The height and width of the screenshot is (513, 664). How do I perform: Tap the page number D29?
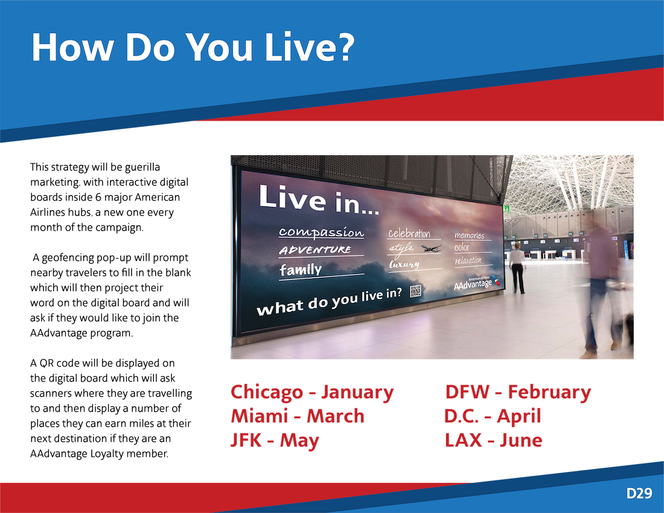pos(639,494)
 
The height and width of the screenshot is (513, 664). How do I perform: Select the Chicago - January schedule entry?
pos(312,392)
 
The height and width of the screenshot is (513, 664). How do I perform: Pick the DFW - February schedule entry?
pos(518,392)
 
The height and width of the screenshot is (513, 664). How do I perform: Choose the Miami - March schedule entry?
pos(297,416)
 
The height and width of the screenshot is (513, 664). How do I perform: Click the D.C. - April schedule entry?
pos(493,416)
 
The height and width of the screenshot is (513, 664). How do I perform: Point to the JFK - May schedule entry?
pos(275,441)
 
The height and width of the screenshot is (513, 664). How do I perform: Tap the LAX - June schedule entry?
pos(493,440)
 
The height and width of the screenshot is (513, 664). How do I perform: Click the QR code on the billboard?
pos(415,292)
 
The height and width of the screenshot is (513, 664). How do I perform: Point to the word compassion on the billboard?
pos(321,232)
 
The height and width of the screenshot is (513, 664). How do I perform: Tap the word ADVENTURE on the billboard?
pos(314,250)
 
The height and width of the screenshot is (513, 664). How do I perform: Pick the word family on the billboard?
pos(301,270)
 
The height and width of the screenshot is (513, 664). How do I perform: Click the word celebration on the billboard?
pos(409,234)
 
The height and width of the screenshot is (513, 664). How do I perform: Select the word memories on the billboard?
pos(469,235)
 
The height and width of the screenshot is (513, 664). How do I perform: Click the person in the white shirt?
pos(517,268)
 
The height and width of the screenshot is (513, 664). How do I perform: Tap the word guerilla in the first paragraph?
pos(142,168)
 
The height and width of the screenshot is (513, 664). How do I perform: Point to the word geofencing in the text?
pos(68,258)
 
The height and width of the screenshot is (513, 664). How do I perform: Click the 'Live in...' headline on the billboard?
pos(319,200)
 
